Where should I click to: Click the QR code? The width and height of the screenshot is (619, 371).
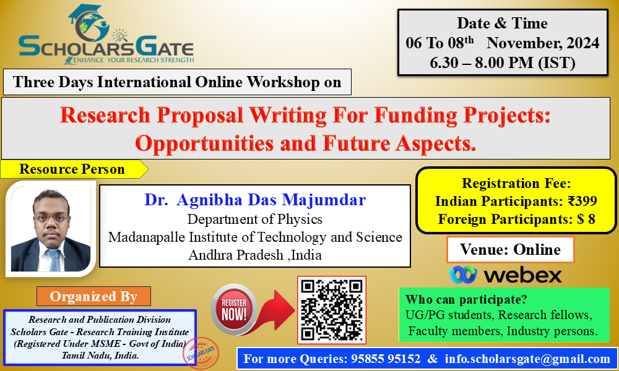pyautogui.click(x=332, y=310)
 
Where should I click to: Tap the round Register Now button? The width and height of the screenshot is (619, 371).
pyautogui.click(x=234, y=310)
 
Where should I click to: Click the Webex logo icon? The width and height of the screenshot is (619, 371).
pyautogui.click(x=462, y=275)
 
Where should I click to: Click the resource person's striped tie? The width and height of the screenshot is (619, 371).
pyautogui.click(x=53, y=260)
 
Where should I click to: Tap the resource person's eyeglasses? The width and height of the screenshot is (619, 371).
pyautogui.click(x=51, y=218)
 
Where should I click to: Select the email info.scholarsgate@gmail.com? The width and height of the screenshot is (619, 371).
pyautogui.click(x=527, y=359)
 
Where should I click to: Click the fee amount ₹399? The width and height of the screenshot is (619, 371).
pyautogui.click(x=582, y=201)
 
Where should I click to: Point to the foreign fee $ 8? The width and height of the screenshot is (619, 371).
pyautogui.click(x=586, y=219)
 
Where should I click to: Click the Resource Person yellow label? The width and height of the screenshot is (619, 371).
pyautogui.click(x=74, y=169)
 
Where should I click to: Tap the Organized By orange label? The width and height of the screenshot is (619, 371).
pyautogui.click(x=93, y=296)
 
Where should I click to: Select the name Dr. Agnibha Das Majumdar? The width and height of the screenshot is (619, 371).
pyautogui.click(x=255, y=200)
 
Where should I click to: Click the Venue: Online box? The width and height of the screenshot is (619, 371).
pyautogui.click(x=510, y=250)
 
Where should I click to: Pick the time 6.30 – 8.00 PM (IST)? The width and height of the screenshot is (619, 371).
pyautogui.click(x=503, y=62)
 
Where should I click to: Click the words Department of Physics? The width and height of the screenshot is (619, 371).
pyautogui.click(x=254, y=219)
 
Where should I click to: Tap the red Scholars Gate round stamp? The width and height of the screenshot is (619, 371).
pyautogui.click(x=201, y=352)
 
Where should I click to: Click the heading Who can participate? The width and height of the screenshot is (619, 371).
pyautogui.click(x=466, y=299)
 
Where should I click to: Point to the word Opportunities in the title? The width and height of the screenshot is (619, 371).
pyautogui.click(x=204, y=143)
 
